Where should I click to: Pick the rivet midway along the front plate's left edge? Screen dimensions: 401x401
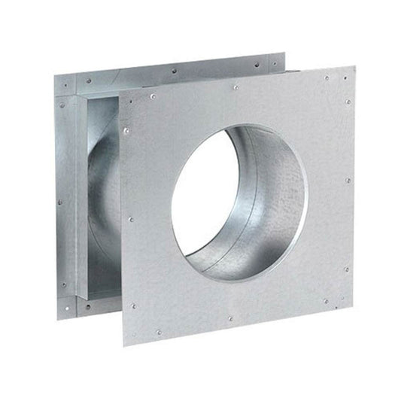point(130,219)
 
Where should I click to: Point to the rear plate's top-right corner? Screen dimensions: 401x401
point(285,53)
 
